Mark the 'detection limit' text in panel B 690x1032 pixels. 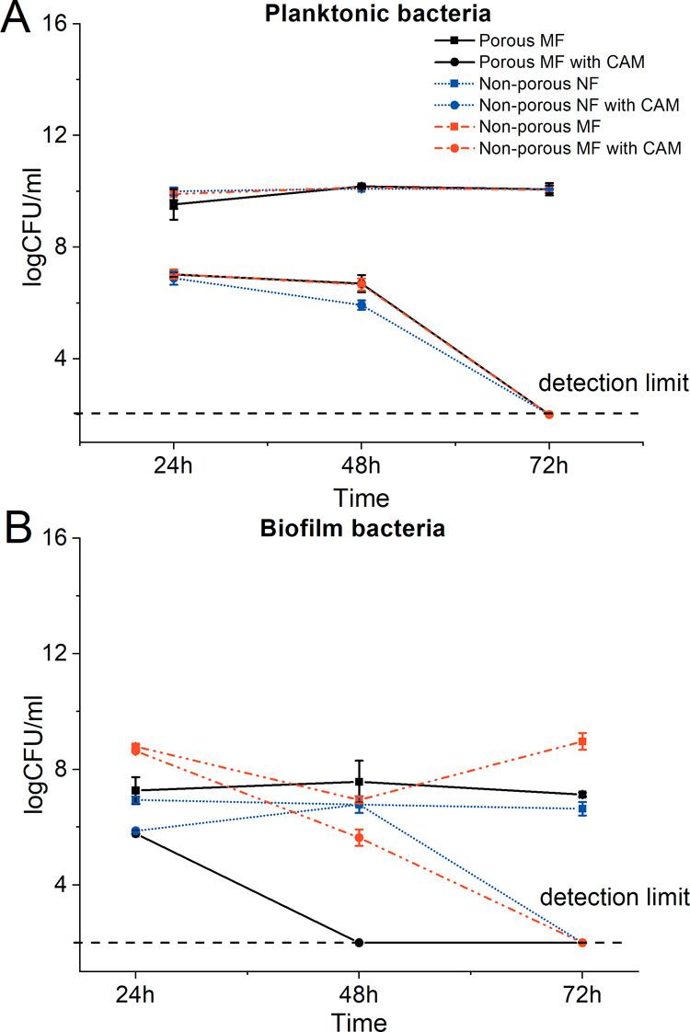[612, 895]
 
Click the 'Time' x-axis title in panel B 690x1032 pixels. [359, 1020]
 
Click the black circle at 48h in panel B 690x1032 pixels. [359, 942]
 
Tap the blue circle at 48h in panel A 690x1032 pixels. [361, 305]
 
